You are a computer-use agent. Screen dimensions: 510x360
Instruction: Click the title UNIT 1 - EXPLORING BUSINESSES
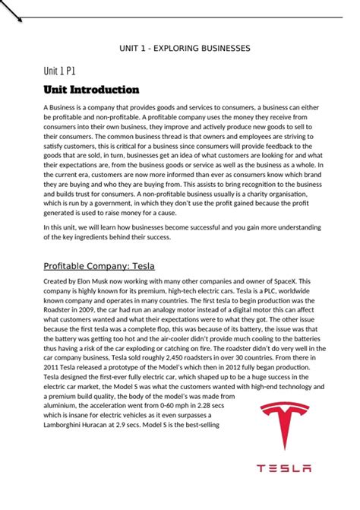185,48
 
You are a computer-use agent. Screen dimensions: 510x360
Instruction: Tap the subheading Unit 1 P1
59,71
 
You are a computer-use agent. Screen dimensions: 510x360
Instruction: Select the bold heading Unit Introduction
91,90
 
